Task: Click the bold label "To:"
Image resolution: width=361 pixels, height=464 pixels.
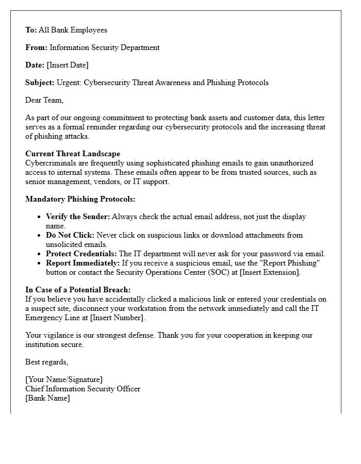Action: click(31, 30)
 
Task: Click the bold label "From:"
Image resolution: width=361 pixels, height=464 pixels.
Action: click(36, 47)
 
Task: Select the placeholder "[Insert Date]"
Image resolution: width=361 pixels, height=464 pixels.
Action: click(67, 65)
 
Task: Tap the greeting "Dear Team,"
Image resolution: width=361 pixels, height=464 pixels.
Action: click(44, 100)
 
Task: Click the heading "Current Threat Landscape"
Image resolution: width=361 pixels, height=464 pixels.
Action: click(73, 154)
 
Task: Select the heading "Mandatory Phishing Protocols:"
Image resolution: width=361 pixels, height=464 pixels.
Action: click(80, 199)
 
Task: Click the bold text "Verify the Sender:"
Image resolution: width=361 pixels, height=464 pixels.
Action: click(78, 217)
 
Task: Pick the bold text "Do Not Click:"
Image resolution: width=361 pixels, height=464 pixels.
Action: click(70, 235)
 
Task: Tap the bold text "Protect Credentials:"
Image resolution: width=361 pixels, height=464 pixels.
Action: click(81, 254)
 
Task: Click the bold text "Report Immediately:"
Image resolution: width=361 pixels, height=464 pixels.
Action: click(83, 263)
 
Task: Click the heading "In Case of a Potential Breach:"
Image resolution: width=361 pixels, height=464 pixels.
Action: click(78, 290)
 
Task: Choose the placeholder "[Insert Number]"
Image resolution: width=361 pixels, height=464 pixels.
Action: click(118, 318)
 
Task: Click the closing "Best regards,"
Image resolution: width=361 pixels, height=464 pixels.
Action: click(47, 362)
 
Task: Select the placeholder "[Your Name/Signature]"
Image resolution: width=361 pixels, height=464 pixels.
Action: click(64, 380)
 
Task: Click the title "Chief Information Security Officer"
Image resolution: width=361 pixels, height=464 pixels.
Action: click(83, 389)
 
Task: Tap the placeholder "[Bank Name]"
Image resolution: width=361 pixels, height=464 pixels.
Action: click(47, 398)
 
